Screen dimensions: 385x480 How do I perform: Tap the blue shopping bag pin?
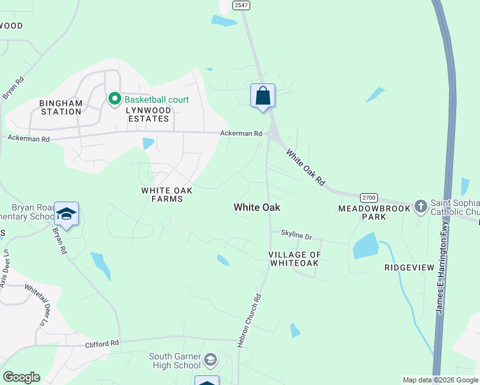pos(262,96)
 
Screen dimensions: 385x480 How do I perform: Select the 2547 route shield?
pos(241,5)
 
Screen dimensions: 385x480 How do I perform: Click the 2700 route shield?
pos(368,198)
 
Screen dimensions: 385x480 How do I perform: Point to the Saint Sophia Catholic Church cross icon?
pos(420,206)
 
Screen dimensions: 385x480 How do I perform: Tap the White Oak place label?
pos(257,207)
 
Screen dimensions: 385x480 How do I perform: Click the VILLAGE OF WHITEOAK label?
pos(294,259)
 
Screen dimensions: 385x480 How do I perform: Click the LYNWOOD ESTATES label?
pos(150,114)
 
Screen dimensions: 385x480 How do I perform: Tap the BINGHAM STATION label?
pos(61,107)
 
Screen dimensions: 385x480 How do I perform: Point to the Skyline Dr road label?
pos(295,235)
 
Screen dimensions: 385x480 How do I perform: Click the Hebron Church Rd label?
pos(250,321)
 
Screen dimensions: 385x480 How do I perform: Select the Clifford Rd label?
pos(103,344)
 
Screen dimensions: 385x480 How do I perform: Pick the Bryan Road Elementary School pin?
pos(66,214)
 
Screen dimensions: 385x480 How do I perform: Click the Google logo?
pos(21,377)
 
